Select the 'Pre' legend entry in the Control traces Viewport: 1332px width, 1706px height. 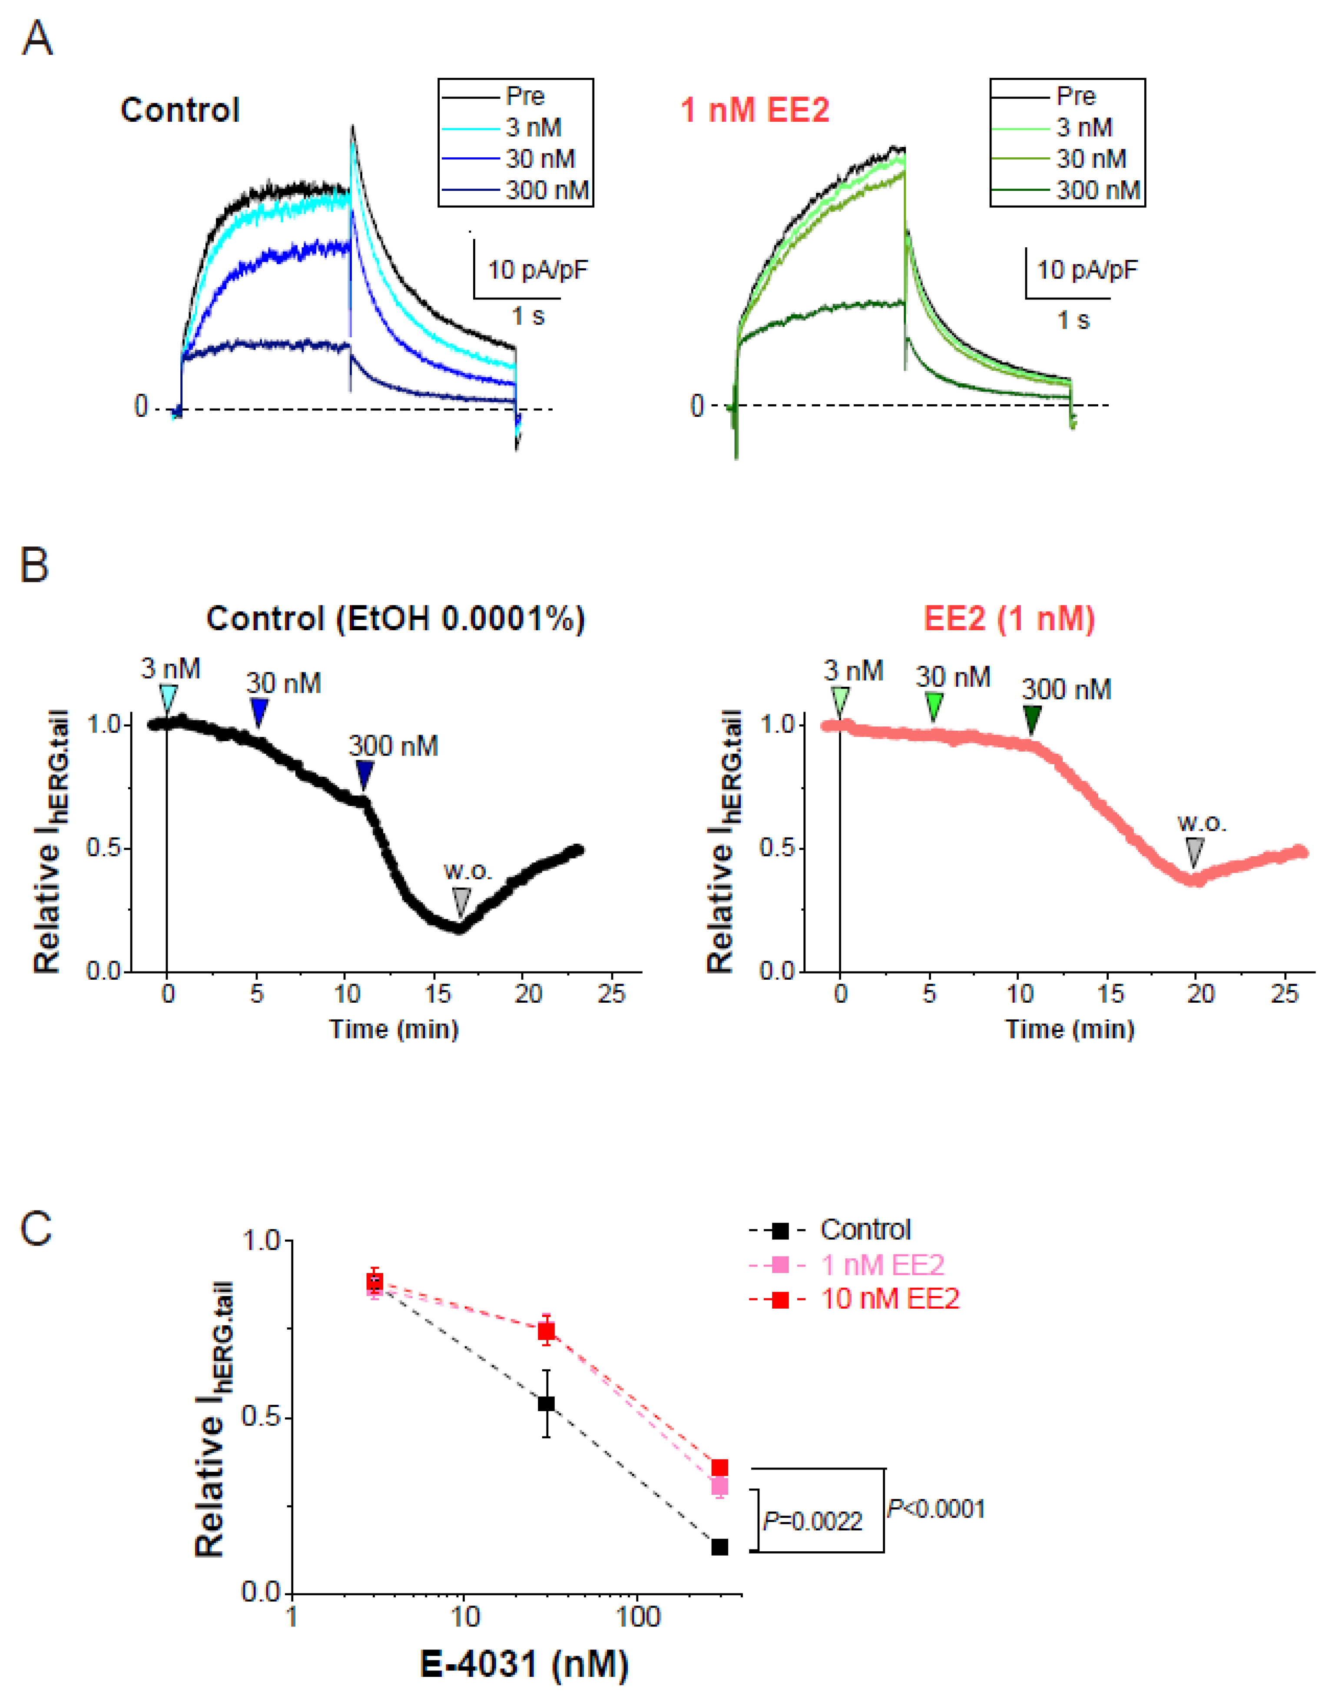[x=525, y=96]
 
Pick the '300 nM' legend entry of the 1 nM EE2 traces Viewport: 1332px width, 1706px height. [x=1098, y=190]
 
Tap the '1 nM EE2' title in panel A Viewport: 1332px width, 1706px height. [x=754, y=110]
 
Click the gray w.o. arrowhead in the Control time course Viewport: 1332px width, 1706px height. [x=461, y=901]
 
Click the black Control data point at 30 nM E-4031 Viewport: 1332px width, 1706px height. [x=547, y=1403]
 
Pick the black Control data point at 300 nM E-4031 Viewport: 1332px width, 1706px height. [x=719, y=1546]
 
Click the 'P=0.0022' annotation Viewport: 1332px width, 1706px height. [x=813, y=1521]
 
